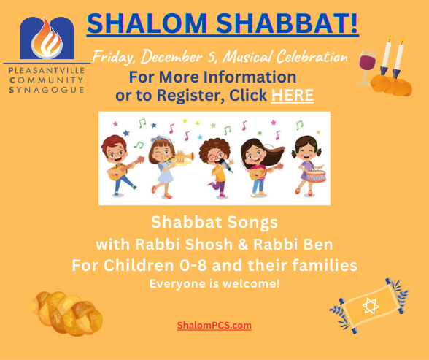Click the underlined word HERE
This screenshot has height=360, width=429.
pyautogui.click(x=292, y=95)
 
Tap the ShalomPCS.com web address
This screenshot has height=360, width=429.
pyautogui.click(x=214, y=325)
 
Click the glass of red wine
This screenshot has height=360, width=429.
pyautogui.click(x=368, y=65)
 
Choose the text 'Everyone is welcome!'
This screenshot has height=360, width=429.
pyautogui.click(x=214, y=283)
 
